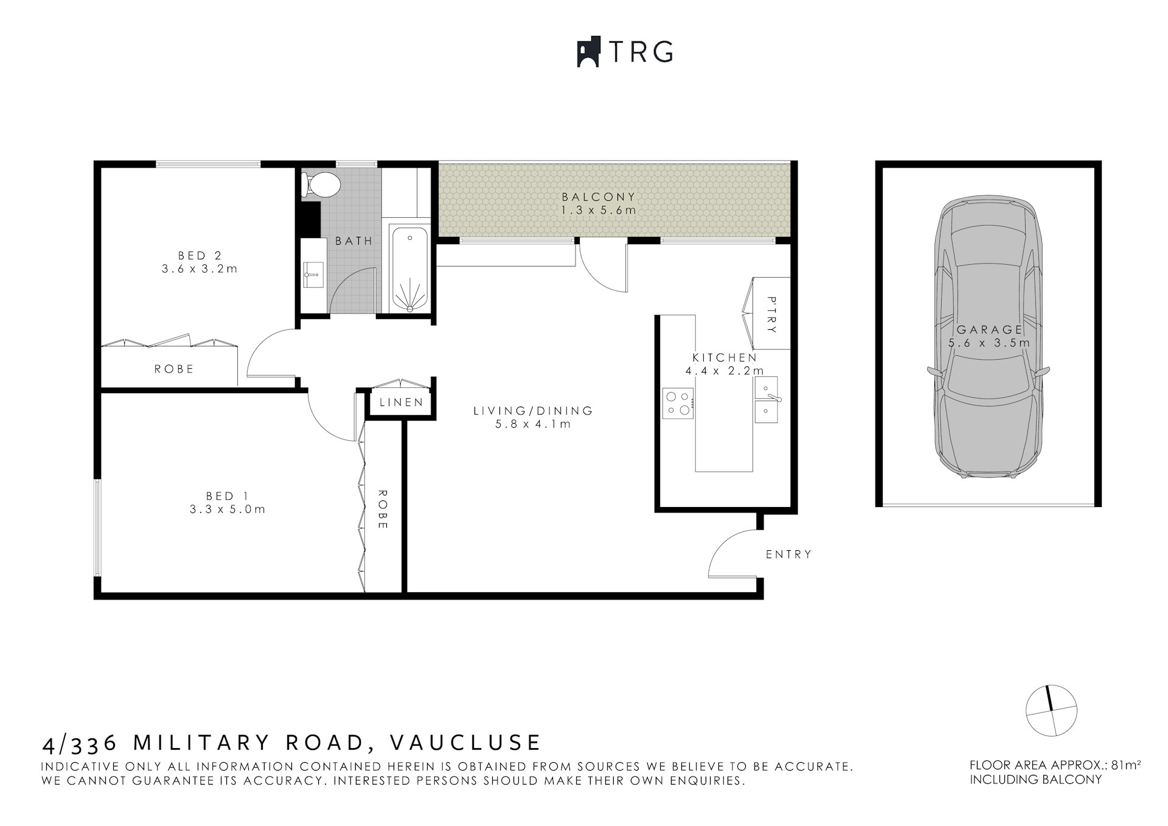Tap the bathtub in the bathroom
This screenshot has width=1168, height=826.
410,268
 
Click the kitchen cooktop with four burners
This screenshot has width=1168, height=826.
678,404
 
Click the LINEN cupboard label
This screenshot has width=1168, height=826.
401,402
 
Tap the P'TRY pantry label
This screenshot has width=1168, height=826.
771,315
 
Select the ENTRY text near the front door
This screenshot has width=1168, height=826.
788,555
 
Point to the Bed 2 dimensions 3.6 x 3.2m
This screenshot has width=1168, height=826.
200,268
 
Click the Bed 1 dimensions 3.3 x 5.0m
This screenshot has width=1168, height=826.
227,509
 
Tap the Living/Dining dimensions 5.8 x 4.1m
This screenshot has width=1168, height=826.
533,424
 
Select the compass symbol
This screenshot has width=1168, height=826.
1051,710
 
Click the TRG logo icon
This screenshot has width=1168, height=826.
588,53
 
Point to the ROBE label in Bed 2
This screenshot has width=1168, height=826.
174,369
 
